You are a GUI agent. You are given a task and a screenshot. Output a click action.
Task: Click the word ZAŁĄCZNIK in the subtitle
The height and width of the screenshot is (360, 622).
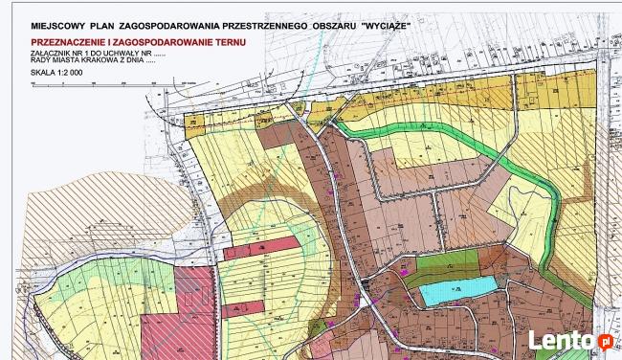pos(49,55)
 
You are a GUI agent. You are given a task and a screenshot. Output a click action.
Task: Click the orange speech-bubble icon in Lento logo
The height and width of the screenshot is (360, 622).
pos(604,339)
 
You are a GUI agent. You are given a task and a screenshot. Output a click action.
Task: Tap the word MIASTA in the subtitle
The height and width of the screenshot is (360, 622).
pos(67,62)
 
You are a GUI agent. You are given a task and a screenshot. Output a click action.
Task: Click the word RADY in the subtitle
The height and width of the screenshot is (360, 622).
pos(40,62)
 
